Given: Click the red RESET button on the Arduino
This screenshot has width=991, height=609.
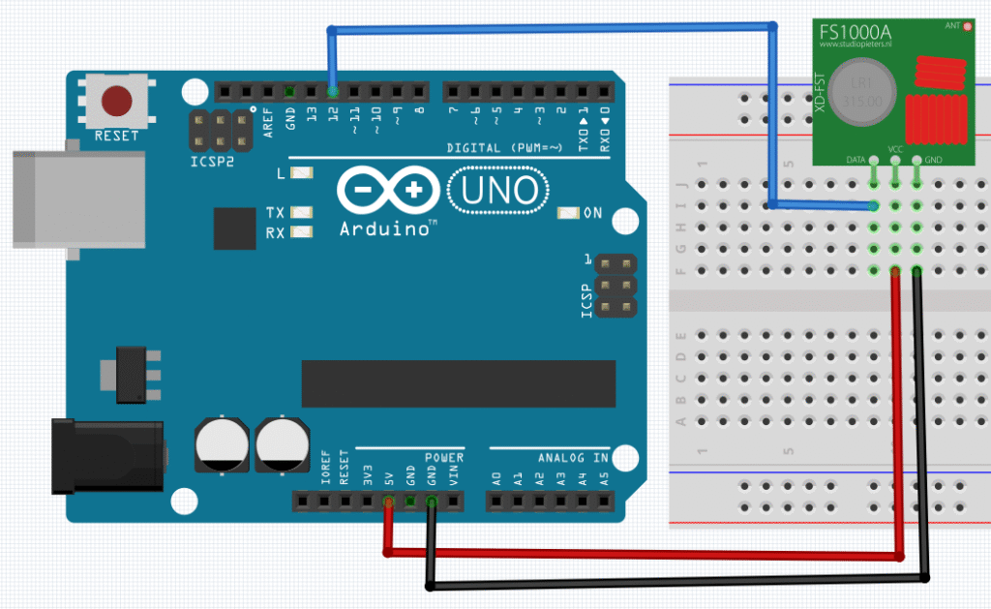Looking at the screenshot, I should (116, 100).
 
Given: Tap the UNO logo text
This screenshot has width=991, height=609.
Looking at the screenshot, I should (498, 191).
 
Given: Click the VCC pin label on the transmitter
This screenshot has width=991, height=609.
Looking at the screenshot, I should (895, 150).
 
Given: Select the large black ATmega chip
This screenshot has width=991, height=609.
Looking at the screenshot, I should (459, 383).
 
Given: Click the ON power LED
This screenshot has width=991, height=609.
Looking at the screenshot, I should (569, 212).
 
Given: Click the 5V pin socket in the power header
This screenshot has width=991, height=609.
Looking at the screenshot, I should (387, 502).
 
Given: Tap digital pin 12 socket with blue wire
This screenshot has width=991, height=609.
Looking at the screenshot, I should (333, 92).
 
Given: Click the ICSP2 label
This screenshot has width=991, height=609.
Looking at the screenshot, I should (212, 161).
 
